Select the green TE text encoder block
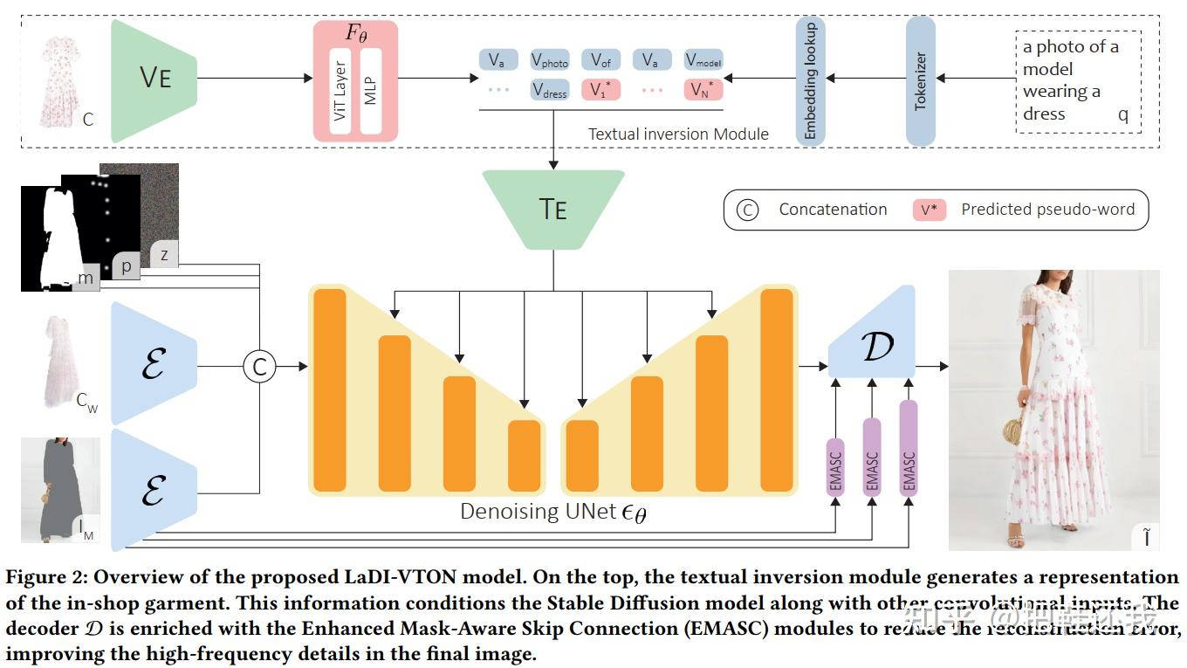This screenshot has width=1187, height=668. click(553, 209)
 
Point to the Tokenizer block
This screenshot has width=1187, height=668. click(921, 80)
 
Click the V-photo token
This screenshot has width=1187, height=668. click(550, 60)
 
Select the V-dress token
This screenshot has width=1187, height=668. click(550, 90)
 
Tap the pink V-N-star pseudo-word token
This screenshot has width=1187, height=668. click(703, 90)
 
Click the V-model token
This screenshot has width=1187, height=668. click(703, 60)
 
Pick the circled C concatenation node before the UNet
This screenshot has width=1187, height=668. click(259, 366)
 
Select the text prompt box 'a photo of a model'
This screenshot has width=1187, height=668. click(1078, 80)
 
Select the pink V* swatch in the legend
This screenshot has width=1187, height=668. click(930, 210)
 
